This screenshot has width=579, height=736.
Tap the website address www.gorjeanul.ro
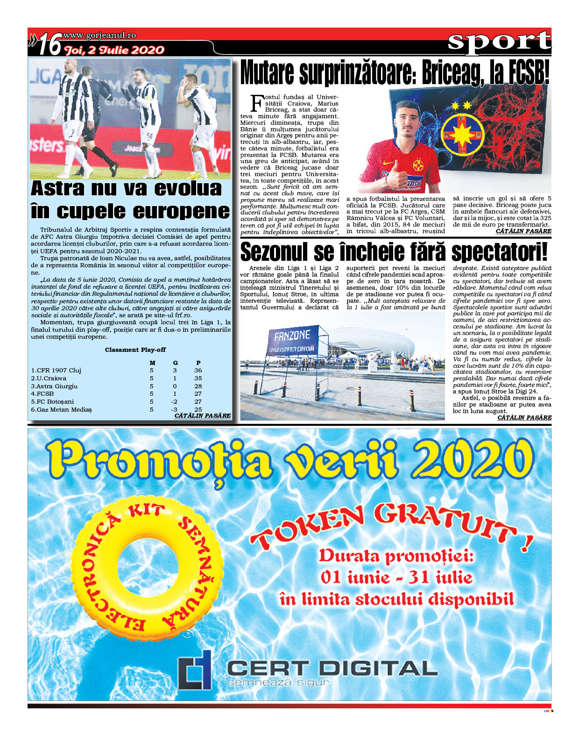(99, 36)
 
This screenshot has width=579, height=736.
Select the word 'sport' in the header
(499, 42)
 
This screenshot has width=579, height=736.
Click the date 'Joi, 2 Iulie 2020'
(114, 50)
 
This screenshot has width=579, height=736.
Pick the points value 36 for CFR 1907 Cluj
(198, 370)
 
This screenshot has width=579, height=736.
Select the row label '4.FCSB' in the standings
(42, 393)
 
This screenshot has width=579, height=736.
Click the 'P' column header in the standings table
(198, 363)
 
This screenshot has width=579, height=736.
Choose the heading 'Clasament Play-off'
(135, 350)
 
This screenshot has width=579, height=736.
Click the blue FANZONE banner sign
(292, 341)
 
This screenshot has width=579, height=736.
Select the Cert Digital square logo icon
(195, 670)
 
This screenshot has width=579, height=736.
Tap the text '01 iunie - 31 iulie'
(396, 578)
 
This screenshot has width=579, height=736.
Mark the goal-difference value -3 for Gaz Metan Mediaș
(174, 409)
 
